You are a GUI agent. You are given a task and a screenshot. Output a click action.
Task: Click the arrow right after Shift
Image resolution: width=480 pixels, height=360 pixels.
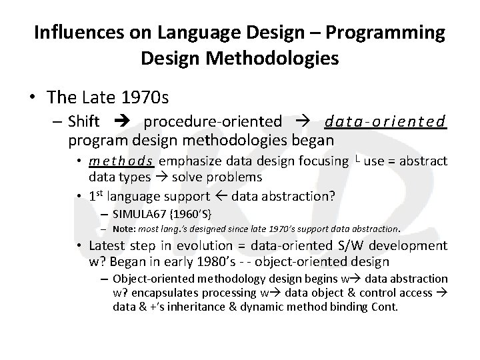[x=126, y=122]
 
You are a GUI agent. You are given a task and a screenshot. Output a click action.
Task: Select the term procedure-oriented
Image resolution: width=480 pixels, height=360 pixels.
[x=213, y=122]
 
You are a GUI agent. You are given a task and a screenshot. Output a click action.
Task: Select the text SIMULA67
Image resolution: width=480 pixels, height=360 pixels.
[x=137, y=214]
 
